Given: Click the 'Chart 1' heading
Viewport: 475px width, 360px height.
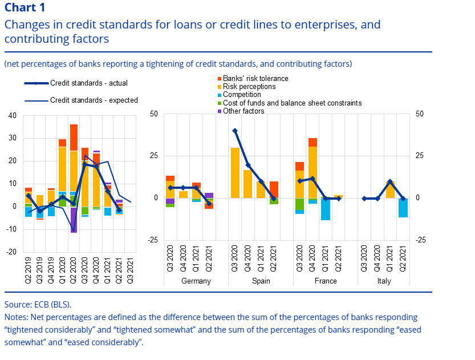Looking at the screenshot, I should coord(26,8).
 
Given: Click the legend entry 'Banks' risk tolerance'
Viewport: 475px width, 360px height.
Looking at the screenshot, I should coord(255,79).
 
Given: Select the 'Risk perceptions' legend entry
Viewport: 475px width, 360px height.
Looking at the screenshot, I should coord(249,87).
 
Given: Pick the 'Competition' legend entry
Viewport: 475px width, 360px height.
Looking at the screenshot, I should coord(242,95).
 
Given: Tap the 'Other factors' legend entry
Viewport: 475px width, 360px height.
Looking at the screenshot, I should coord(243,111).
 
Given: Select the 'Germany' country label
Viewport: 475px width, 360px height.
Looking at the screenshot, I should coord(196,281).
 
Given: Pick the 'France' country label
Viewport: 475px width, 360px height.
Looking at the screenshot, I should coord(326,281).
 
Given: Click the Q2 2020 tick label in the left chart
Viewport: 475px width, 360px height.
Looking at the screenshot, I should coord(74,268).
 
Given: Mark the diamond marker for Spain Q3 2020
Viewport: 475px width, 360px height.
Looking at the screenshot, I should coord(235,131).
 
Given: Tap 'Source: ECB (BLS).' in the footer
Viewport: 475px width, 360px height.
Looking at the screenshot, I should coord(38,305).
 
